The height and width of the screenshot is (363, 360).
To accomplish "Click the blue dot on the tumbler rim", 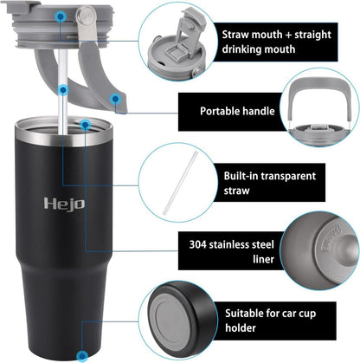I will click(85, 125).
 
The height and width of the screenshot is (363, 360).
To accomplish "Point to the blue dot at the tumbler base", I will click(82, 354).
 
